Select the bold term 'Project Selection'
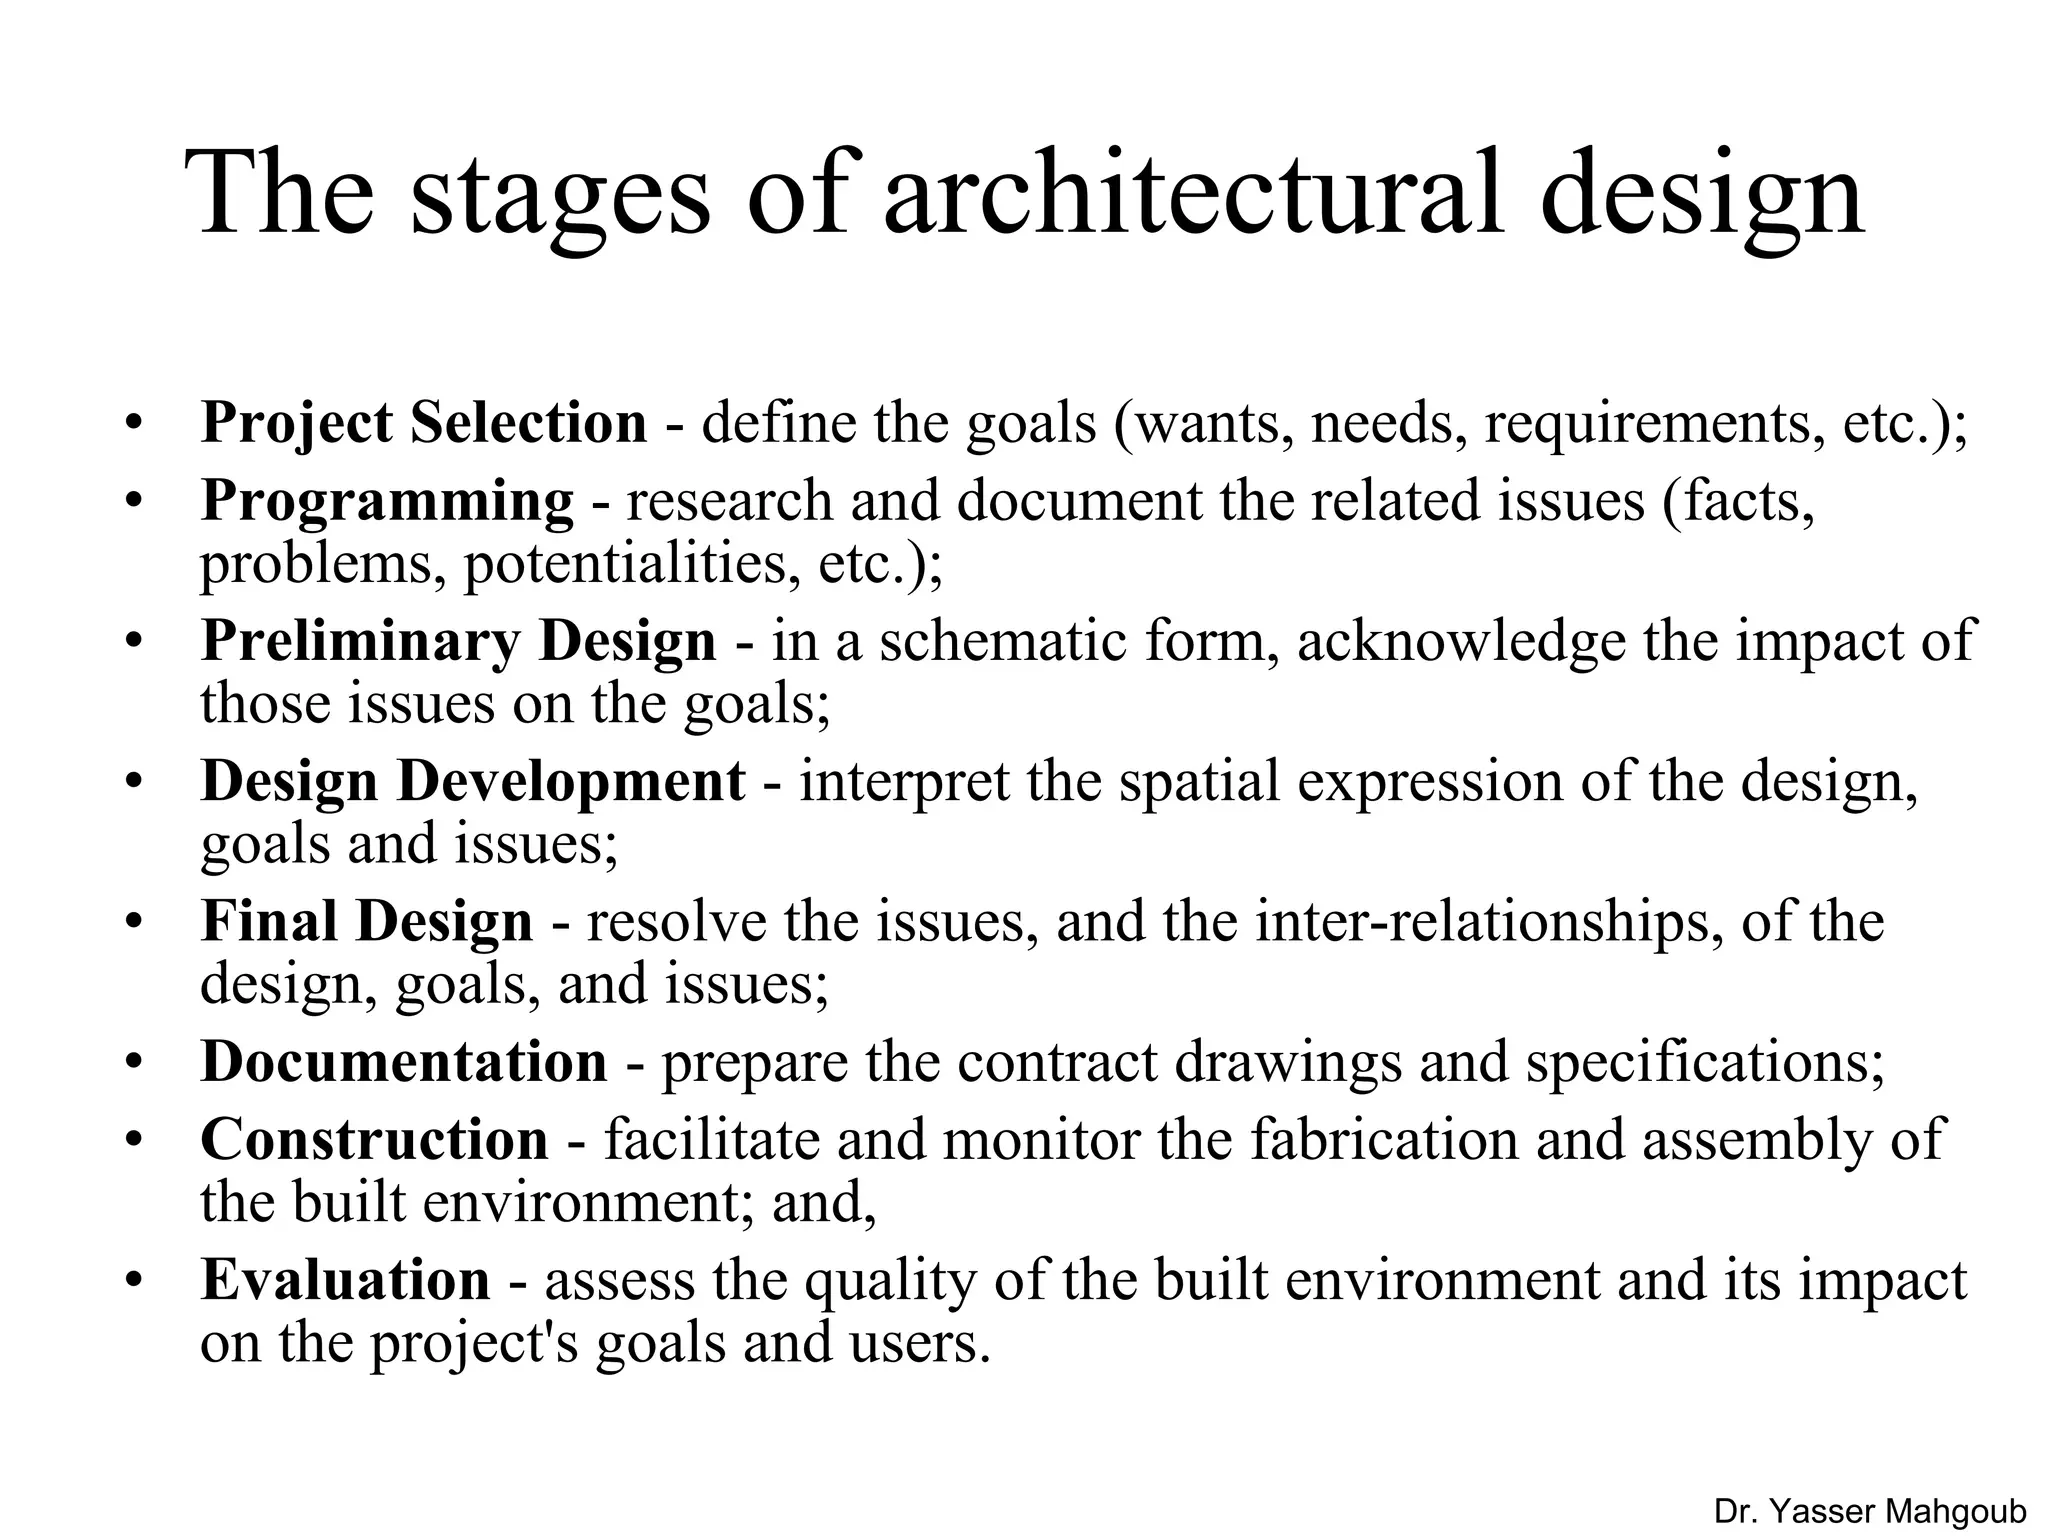click(x=424, y=423)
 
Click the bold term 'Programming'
click(x=387, y=502)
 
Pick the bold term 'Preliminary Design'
click(x=458, y=641)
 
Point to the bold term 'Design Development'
click(x=472, y=781)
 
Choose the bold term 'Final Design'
click(x=366, y=921)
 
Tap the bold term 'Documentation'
click(x=404, y=1061)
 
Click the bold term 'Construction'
click(x=374, y=1140)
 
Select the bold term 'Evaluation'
click(x=345, y=1280)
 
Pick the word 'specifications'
click(x=1705, y=1062)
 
